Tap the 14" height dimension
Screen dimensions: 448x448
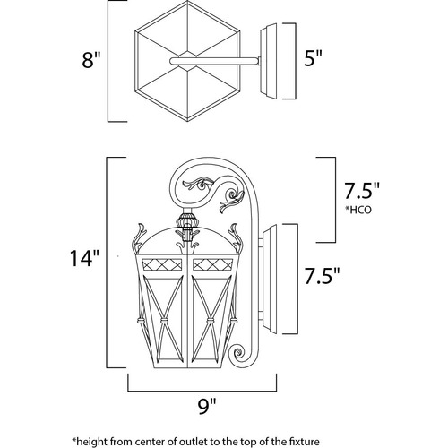coord(84,258)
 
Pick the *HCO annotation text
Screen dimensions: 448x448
coord(358,210)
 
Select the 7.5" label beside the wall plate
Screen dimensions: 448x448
coord(322,276)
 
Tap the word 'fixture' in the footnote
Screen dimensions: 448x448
coord(305,441)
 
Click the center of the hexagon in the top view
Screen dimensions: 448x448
coord(187,61)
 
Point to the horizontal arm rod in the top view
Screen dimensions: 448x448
coord(214,61)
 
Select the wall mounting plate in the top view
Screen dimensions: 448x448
coord(269,61)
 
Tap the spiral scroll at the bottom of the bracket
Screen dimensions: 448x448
coord(238,354)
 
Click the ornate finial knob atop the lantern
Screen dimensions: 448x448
coord(187,221)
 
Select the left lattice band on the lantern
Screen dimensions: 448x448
coord(162,264)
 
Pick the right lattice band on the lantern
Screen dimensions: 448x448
coord(213,264)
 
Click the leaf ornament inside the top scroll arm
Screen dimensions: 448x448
coord(198,183)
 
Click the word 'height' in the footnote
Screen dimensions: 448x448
coord(92,442)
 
